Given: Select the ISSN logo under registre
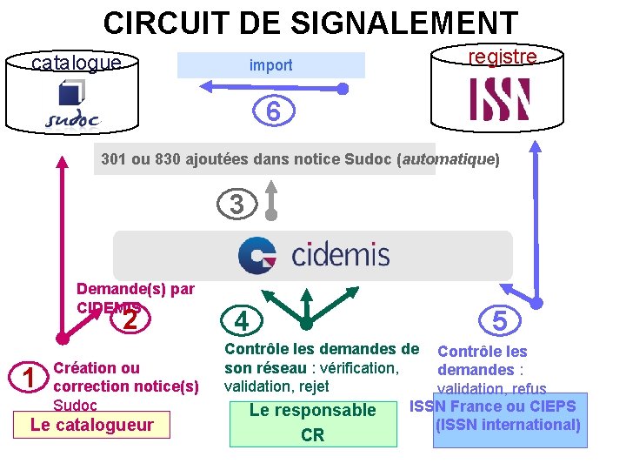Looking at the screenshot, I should tap(500, 99).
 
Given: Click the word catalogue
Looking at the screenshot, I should tap(76, 63).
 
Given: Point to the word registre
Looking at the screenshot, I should tap(503, 57).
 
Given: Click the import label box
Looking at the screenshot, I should tap(271, 65).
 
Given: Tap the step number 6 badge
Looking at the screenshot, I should tap(273, 112).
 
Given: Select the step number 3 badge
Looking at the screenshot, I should tap(236, 205).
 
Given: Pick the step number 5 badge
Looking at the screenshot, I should tap(500, 321).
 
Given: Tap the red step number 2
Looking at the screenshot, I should tap(130, 320).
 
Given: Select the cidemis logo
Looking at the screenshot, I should tap(314, 255).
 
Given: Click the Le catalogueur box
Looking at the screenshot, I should tap(91, 426).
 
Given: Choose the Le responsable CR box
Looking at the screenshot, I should tap(312, 423).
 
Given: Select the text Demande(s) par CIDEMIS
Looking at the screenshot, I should tap(135, 298).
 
